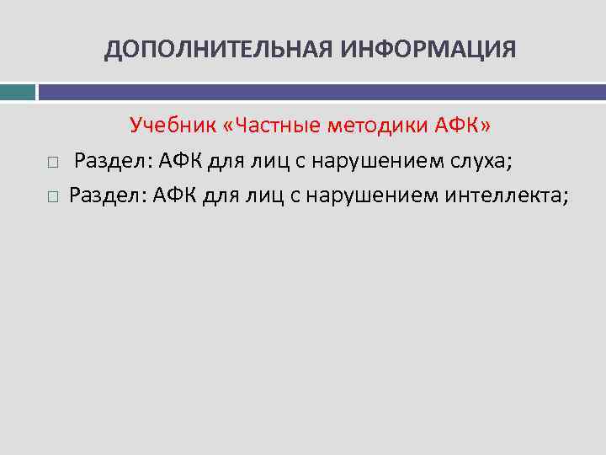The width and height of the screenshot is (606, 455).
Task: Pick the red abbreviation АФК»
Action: [463, 126]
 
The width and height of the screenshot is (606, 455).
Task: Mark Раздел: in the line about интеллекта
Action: [105, 196]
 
